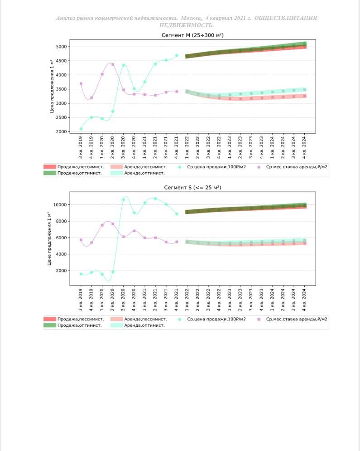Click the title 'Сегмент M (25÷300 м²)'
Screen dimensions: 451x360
tap(192, 35)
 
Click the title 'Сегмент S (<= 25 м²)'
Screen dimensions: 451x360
tap(192, 187)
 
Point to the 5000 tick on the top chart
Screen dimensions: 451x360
tap(61, 47)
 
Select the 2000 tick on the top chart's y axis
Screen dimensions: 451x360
tap(61, 132)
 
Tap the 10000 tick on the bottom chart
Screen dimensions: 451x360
tap(60, 205)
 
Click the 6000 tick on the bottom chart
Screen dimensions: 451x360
tap(61, 238)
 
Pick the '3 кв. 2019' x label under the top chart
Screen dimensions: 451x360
tap(81, 145)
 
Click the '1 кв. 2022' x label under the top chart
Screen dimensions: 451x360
tap(187, 145)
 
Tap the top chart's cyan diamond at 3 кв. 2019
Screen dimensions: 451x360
tap(81, 129)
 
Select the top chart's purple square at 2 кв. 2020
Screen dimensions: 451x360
tap(113, 64)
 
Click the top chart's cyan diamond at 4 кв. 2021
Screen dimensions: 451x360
tap(177, 55)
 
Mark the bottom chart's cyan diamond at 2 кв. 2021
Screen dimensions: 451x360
tap(155, 199)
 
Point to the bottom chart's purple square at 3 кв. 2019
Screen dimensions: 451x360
tap(81, 240)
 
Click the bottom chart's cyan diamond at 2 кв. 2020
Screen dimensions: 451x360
tap(113, 272)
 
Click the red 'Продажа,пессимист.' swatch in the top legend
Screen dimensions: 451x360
tap(50, 167)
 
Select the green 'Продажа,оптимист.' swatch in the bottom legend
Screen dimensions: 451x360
tap(50, 325)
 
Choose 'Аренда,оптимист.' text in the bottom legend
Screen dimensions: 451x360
tap(144, 325)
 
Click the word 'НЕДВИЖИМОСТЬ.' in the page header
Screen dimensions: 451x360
tap(187, 25)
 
